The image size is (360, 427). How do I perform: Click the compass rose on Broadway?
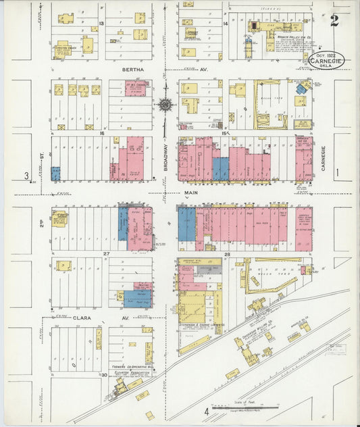pyautogui.click(x=164, y=104)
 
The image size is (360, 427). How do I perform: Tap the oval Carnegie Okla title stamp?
pyautogui.click(x=326, y=59)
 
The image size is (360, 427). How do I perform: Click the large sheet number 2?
pyautogui.click(x=334, y=20)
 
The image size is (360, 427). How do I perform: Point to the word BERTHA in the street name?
pyautogui.click(x=134, y=70)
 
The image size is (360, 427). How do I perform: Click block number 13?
pyautogui.click(x=101, y=24)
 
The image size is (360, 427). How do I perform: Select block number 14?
pyautogui.click(x=225, y=24)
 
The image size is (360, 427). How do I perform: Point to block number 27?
pyautogui.click(x=105, y=254)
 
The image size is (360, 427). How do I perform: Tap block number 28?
pyautogui.click(x=228, y=254)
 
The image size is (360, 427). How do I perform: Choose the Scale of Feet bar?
pyautogui.click(x=245, y=407)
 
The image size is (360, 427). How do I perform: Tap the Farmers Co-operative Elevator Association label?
pyautogui.click(x=130, y=371)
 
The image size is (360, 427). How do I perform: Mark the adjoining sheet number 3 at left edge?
pyautogui.click(x=27, y=176)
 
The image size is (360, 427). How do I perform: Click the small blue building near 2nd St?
pyautogui.click(x=55, y=173)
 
